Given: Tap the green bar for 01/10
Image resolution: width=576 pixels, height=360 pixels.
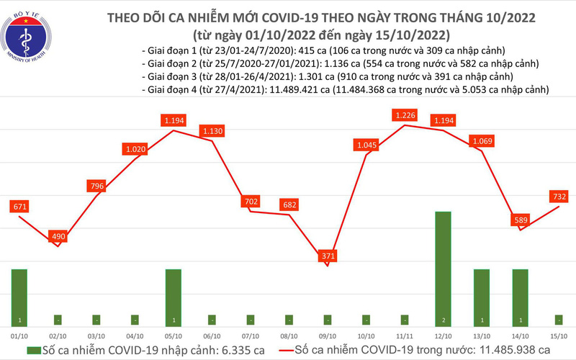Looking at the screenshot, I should (x=19, y=297).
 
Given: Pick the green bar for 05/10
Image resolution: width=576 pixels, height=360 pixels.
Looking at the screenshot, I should (x=174, y=297).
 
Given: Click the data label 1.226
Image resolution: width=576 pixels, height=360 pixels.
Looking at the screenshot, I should (x=404, y=114).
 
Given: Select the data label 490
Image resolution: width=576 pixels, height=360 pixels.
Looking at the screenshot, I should (x=58, y=235).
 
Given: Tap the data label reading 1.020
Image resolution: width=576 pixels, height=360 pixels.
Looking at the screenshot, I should (x=135, y=149).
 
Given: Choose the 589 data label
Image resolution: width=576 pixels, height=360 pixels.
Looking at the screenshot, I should (x=519, y=220).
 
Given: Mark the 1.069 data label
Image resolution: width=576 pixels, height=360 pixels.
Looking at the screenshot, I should (x=481, y=141).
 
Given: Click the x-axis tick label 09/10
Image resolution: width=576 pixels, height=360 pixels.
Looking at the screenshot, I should (x=328, y=336).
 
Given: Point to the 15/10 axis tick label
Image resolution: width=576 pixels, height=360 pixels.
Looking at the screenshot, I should (x=559, y=336).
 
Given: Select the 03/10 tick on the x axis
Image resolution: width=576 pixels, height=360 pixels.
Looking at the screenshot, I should (x=96, y=336).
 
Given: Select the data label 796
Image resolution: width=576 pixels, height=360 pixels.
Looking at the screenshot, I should (x=96, y=187).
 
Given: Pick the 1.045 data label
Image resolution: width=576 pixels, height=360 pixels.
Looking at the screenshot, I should (x=366, y=145).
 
